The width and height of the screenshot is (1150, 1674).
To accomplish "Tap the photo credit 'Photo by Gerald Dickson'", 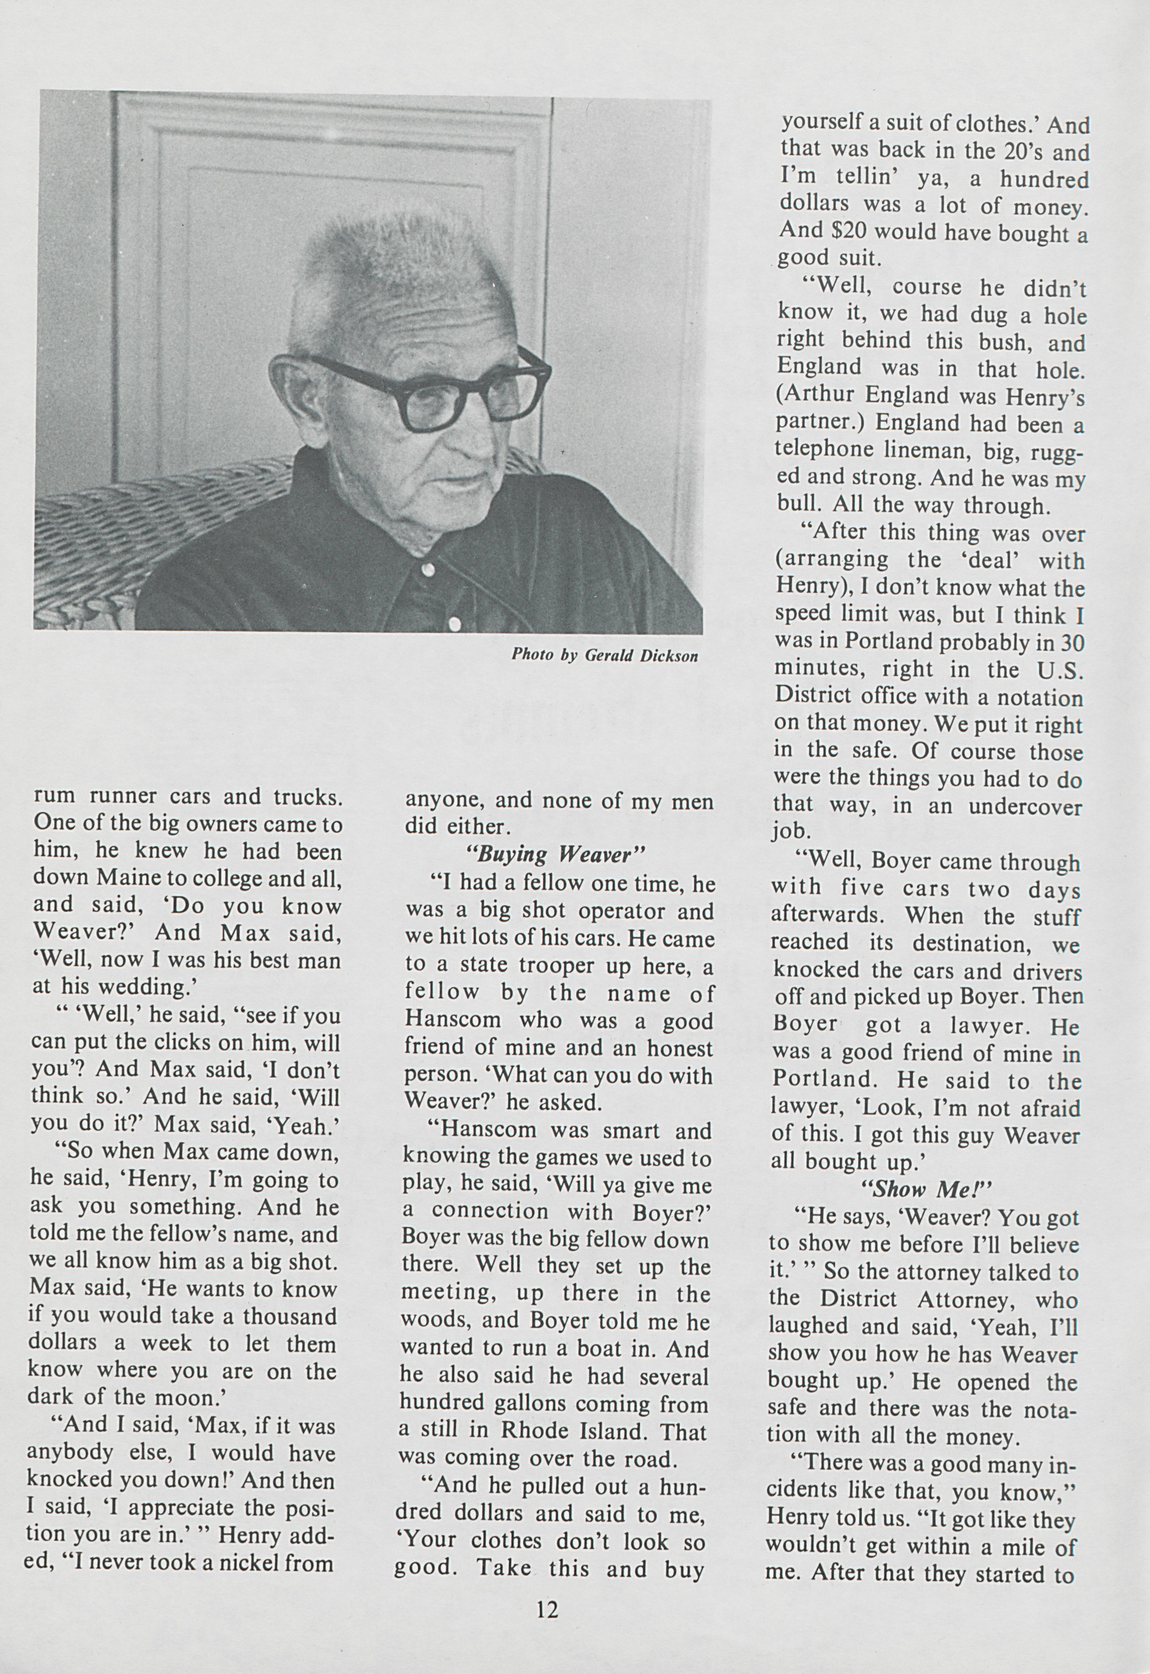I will (604, 655).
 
